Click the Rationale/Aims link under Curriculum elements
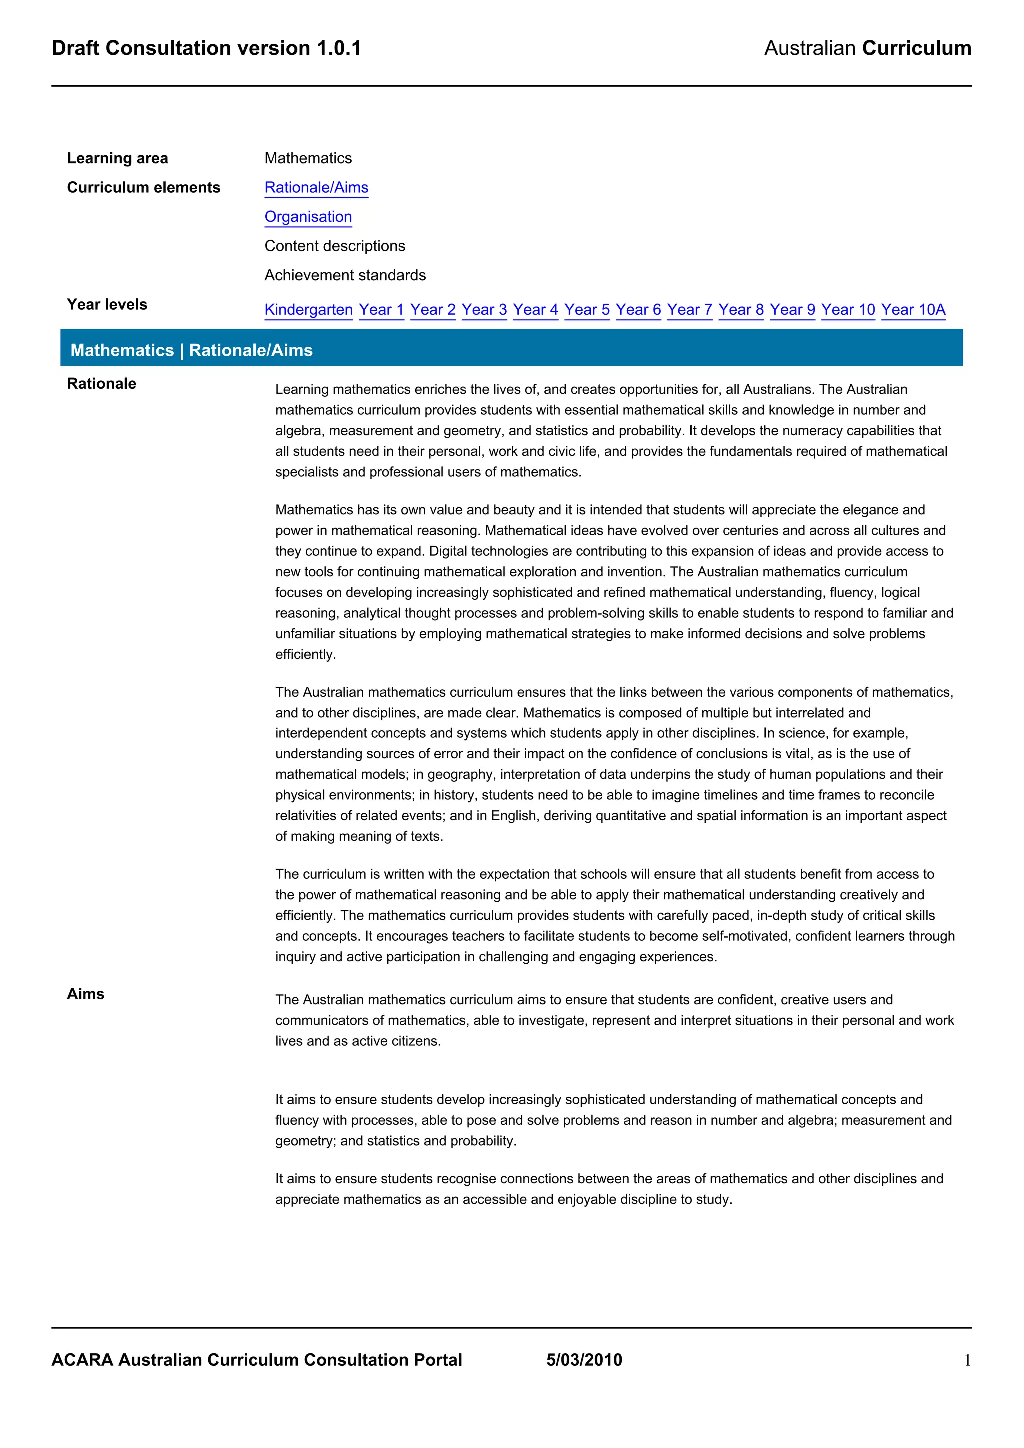click(x=316, y=188)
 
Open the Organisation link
click(x=308, y=217)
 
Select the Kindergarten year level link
click(x=308, y=310)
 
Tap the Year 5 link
click(x=587, y=310)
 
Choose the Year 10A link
click(x=913, y=310)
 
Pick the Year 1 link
click(x=381, y=310)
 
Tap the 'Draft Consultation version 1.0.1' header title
click(x=206, y=48)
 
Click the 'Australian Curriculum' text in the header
click(x=867, y=48)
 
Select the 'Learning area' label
click(x=117, y=158)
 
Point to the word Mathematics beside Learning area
click(x=308, y=158)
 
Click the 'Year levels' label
click(x=107, y=305)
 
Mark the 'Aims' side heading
click(x=86, y=994)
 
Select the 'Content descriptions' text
click(x=335, y=246)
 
